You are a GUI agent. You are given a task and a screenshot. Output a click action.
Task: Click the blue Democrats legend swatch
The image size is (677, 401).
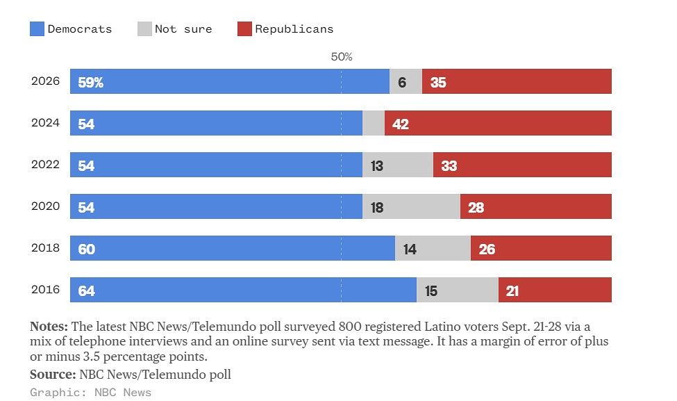tap(37, 29)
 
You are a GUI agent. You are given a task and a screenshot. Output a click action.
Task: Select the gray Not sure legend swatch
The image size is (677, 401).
tap(144, 29)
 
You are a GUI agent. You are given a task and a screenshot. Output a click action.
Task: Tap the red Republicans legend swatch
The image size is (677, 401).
tap(245, 29)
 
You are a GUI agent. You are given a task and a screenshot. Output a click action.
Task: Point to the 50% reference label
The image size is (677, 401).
tap(342, 56)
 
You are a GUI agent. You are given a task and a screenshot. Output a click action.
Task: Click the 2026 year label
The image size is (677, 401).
tap(45, 81)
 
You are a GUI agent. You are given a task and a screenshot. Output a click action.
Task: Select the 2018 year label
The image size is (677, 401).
tap(45, 247)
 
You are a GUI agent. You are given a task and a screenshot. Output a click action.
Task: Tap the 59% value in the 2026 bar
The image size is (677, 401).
tap(91, 82)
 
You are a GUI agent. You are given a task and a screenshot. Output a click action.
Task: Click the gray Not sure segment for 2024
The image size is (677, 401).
tap(374, 123)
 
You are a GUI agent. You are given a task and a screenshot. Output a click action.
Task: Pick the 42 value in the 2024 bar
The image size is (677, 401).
tap(400, 124)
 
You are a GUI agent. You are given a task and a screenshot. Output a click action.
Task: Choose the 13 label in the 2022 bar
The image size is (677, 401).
tap(377, 165)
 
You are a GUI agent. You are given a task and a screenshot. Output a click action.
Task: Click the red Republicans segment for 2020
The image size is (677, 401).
tap(536, 206)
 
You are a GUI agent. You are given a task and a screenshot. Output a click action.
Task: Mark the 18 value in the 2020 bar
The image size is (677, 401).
tap(377, 207)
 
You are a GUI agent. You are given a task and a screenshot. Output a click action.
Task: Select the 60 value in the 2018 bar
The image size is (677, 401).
tap(86, 249)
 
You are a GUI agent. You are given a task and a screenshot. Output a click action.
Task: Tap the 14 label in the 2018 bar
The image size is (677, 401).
tap(410, 249)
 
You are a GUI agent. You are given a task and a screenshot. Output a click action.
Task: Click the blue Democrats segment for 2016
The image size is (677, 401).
tap(244, 290)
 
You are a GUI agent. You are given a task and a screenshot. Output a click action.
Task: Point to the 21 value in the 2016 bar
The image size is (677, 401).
tap(512, 290)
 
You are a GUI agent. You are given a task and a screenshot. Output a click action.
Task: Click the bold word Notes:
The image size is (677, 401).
tap(49, 326)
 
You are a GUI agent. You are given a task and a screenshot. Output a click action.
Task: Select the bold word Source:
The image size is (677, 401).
tap(53, 374)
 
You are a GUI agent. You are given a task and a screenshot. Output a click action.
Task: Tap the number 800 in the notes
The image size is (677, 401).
tap(349, 326)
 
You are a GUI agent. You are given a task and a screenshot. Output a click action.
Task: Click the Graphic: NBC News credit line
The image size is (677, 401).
tap(91, 393)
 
